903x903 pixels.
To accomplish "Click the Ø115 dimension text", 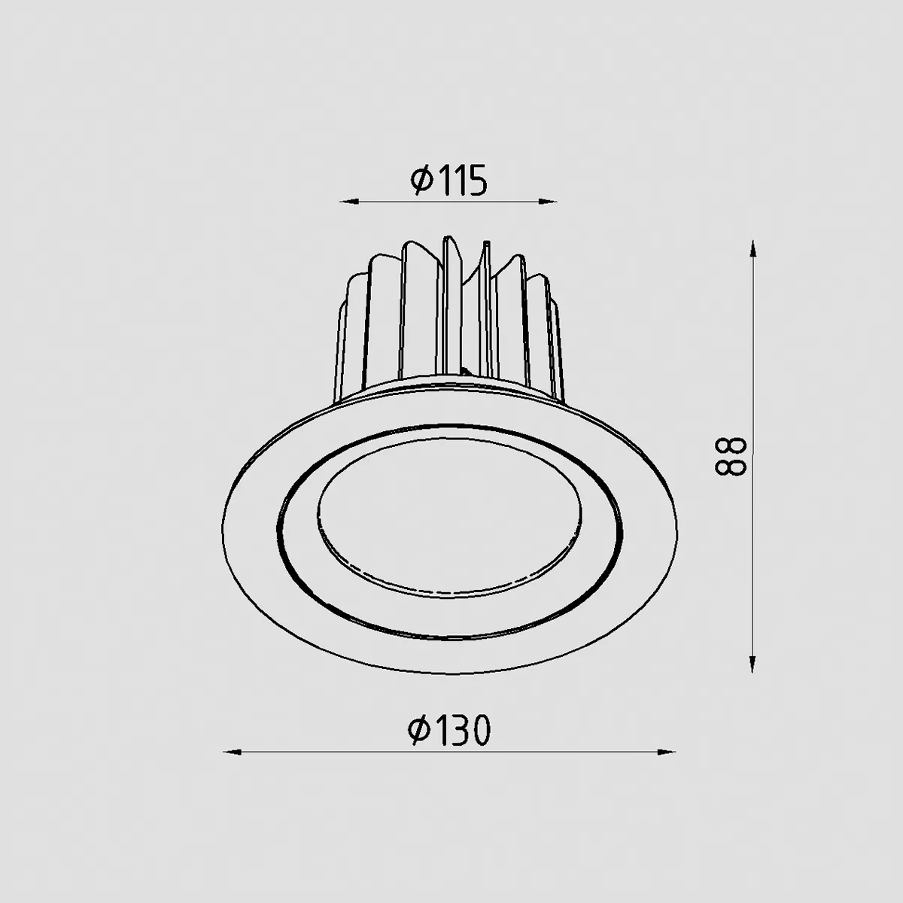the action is [x=448, y=180].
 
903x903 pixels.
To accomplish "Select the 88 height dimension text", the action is [x=730, y=458].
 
